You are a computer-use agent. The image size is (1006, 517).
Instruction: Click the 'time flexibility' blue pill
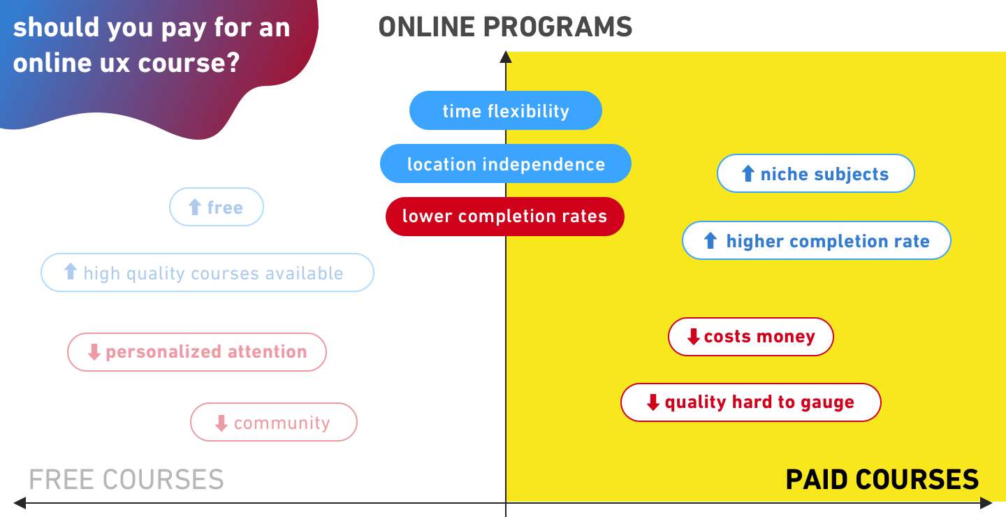(505, 110)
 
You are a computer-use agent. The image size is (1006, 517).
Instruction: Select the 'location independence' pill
(505, 164)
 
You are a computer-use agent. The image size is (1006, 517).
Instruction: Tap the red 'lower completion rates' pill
(504, 216)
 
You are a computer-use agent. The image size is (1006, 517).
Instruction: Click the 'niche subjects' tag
(815, 174)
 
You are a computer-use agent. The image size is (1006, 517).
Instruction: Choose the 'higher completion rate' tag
(816, 241)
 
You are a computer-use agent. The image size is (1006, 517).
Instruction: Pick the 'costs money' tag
(750, 337)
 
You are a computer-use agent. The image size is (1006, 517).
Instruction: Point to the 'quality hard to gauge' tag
(750, 402)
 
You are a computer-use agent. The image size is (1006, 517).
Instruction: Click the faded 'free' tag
(217, 207)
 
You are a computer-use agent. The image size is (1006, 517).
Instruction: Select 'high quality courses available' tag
(207, 272)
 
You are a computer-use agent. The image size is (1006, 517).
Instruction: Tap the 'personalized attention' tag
(196, 351)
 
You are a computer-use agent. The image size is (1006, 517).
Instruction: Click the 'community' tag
(273, 423)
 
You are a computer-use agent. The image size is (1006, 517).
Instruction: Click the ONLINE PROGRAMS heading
(505, 27)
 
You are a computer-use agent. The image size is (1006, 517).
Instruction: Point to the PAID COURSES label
(882, 480)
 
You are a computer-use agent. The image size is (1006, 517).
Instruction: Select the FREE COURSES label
(126, 480)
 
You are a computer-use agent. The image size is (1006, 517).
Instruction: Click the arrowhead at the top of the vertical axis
(506, 57)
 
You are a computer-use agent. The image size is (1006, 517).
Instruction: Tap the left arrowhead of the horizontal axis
(20, 503)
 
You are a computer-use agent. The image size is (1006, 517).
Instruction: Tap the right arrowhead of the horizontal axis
(986, 503)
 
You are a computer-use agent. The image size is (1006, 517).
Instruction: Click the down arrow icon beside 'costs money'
(693, 337)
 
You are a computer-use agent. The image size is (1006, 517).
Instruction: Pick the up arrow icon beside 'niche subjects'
(748, 173)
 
